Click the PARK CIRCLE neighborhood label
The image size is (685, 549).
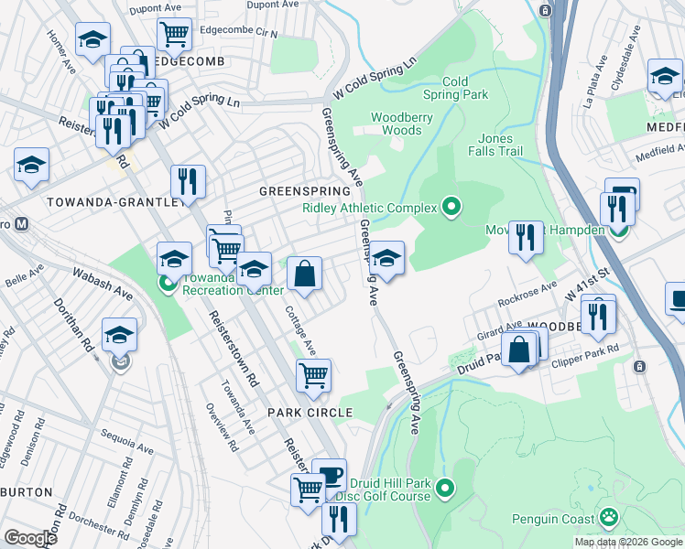[x=310, y=413]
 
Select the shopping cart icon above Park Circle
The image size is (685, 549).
[x=313, y=374]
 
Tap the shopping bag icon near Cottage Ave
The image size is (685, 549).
[x=304, y=273]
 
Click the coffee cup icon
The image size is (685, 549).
[x=329, y=475]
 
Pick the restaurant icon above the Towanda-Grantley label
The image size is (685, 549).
[x=187, y=181]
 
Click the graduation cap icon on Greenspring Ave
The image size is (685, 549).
[x=387, y=257]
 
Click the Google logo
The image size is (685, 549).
[x=30, y=537]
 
